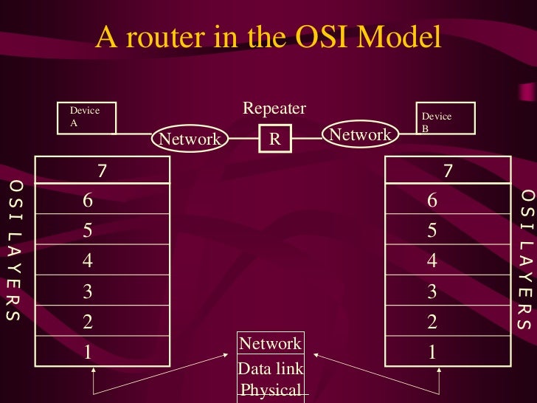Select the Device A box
pyautogui.click(x=86, y=117)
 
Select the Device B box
pyautogui.click(x=445, y=118)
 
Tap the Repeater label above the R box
pyautogui.click(x=274, y=109)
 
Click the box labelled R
pyautogui.click(x=274, y=138)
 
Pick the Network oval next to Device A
pyautogui.click(x=190, y=139)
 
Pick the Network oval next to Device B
pyautogui.click(x=360, y=134)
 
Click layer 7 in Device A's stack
pyautogui.click(x=103, y=170)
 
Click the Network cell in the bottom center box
pyautogui.click(x=270, y=343)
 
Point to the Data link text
pyautogui.click(x=270, y=368)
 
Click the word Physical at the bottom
pyautogui.click(x=270, y=390)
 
